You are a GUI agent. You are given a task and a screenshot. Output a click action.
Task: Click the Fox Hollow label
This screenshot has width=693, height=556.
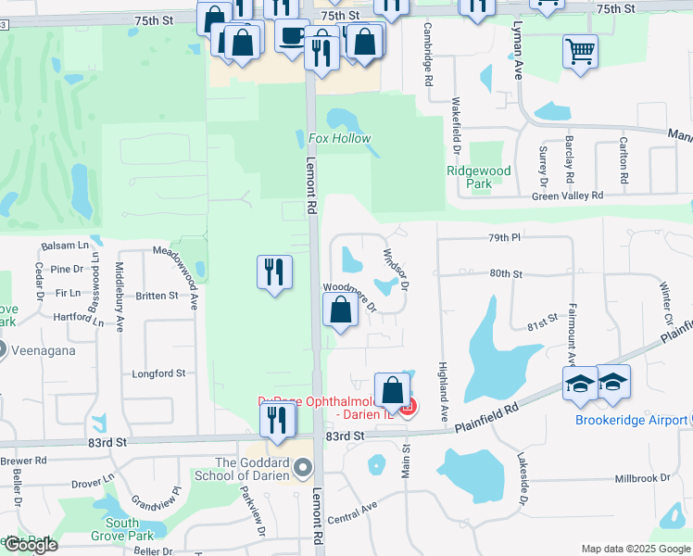pos(339,139)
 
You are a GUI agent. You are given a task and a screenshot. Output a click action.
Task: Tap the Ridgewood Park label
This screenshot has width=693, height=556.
pos(478,177)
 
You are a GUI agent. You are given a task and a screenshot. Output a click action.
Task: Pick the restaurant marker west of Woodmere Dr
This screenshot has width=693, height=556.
pos(274,272)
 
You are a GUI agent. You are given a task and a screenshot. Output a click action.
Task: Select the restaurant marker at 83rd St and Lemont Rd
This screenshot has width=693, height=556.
pos(277,420)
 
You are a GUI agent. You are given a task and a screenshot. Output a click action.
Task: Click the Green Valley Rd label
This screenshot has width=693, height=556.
pos(567,196)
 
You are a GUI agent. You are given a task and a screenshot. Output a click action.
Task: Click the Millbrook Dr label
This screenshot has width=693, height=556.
pos(642,478)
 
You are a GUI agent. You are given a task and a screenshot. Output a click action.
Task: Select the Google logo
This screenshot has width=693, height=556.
pos(30,545)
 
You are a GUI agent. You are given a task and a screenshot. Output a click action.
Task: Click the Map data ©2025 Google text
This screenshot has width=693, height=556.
pos(635,549)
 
